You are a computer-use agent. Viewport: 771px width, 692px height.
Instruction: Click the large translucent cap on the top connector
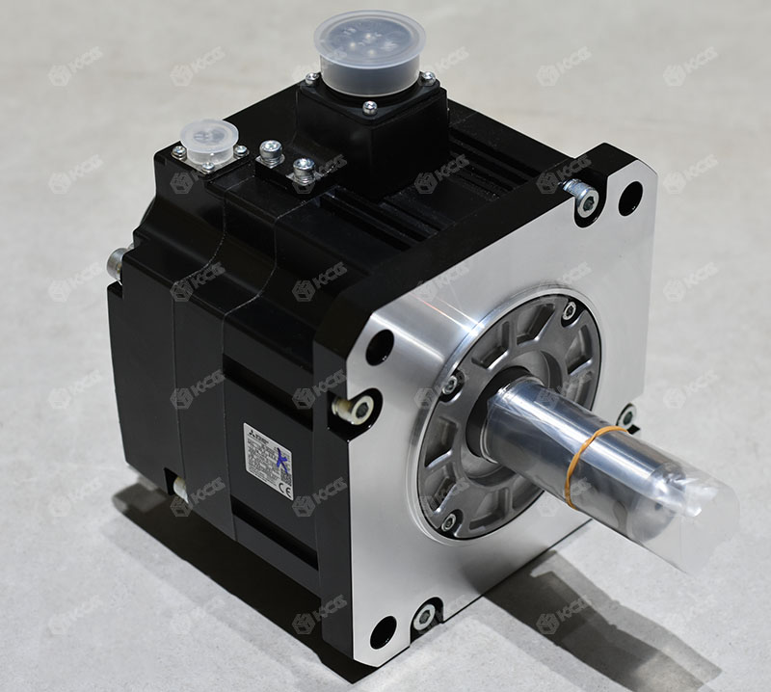(x=370, y=46)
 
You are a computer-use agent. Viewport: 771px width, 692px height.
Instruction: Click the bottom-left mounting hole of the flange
(x=382, y=631)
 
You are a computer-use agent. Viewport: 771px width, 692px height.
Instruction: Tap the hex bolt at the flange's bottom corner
(x=424, y=614)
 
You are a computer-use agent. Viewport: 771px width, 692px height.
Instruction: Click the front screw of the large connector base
(x=369, y=107)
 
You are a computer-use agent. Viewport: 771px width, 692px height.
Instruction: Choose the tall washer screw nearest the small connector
(x=272, y=152)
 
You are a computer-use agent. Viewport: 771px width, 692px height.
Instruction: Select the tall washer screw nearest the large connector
(x=303, y=170)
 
